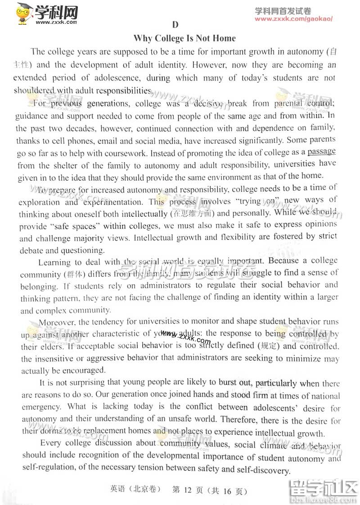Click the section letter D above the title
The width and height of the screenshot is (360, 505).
point(175,25)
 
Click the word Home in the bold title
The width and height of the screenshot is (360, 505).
point(224,38)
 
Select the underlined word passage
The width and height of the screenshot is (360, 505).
point(321,152)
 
